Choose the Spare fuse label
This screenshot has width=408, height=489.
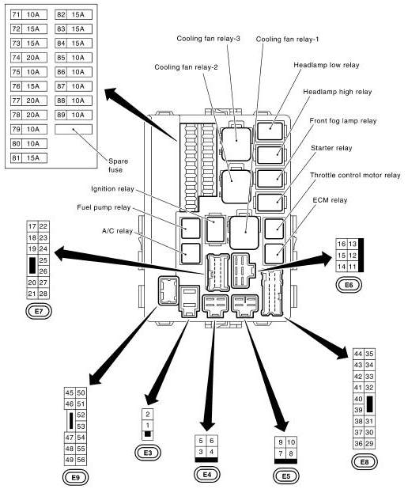[117, 165]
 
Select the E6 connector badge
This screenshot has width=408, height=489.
[349, 284]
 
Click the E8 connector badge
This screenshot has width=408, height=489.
[364, 461]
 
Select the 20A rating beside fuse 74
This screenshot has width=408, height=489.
[33, 58]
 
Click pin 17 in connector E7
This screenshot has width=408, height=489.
[32, 226]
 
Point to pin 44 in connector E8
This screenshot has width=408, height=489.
[358, 353]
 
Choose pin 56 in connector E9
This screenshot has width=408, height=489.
[81, 460]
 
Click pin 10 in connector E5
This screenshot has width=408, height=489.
[292, 441]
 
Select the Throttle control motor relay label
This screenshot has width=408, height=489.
[355, 175]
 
